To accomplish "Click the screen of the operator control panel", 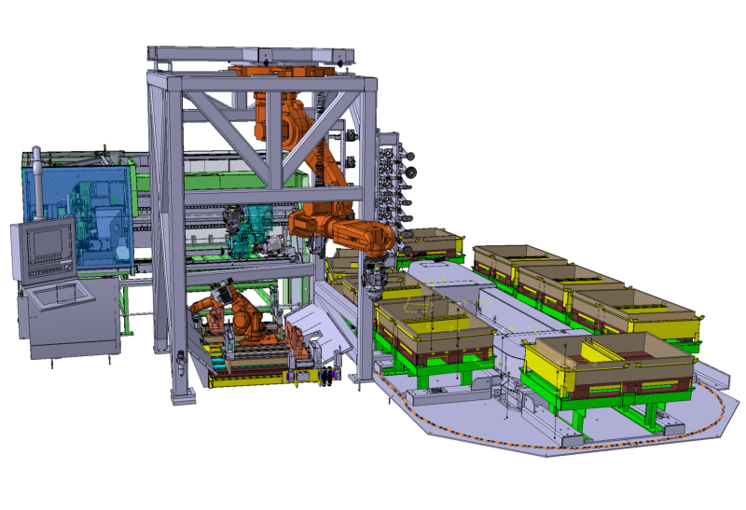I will tap(45, 244).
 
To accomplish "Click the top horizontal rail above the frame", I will tap(252, 53).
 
